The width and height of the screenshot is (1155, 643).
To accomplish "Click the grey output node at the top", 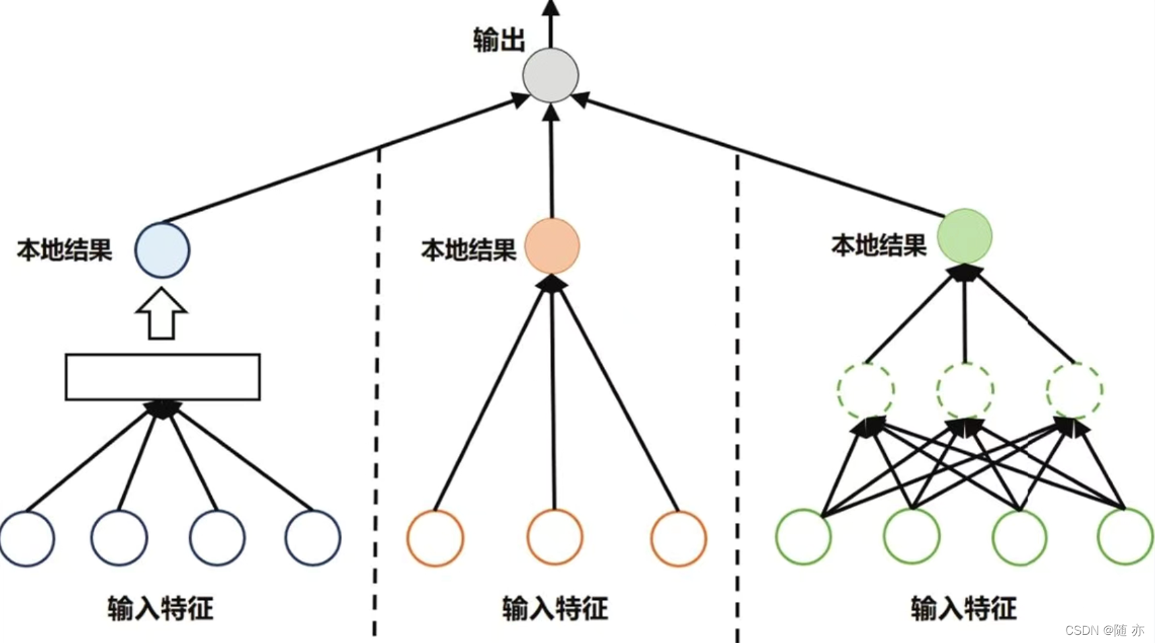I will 551,75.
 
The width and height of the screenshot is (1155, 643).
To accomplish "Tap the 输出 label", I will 499,40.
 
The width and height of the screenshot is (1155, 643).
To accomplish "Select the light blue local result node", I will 162,250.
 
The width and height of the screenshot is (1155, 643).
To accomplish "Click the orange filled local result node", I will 552,246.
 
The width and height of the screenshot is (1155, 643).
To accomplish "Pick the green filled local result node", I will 965,236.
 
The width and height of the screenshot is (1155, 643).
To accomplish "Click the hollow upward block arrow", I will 161,314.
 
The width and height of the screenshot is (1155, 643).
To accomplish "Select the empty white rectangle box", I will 163,377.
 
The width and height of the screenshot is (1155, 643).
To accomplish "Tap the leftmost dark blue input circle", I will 27,538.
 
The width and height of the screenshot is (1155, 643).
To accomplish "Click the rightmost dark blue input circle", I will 313,538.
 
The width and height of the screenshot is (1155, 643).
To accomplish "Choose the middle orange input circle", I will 555,538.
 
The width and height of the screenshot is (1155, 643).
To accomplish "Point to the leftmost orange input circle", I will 435,538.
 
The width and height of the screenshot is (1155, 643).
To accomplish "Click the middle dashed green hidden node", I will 965,390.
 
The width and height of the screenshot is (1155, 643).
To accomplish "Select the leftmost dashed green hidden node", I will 866,390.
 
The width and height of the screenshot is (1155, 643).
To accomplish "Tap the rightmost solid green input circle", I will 1125,537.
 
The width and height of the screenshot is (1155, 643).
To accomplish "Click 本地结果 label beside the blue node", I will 65,250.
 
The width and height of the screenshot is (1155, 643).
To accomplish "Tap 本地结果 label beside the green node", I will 878,245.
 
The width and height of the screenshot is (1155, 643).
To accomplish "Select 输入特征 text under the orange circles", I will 555,609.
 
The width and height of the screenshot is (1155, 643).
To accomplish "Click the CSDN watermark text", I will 1104,630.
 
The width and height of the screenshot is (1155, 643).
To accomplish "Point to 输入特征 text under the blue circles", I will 161,609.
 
